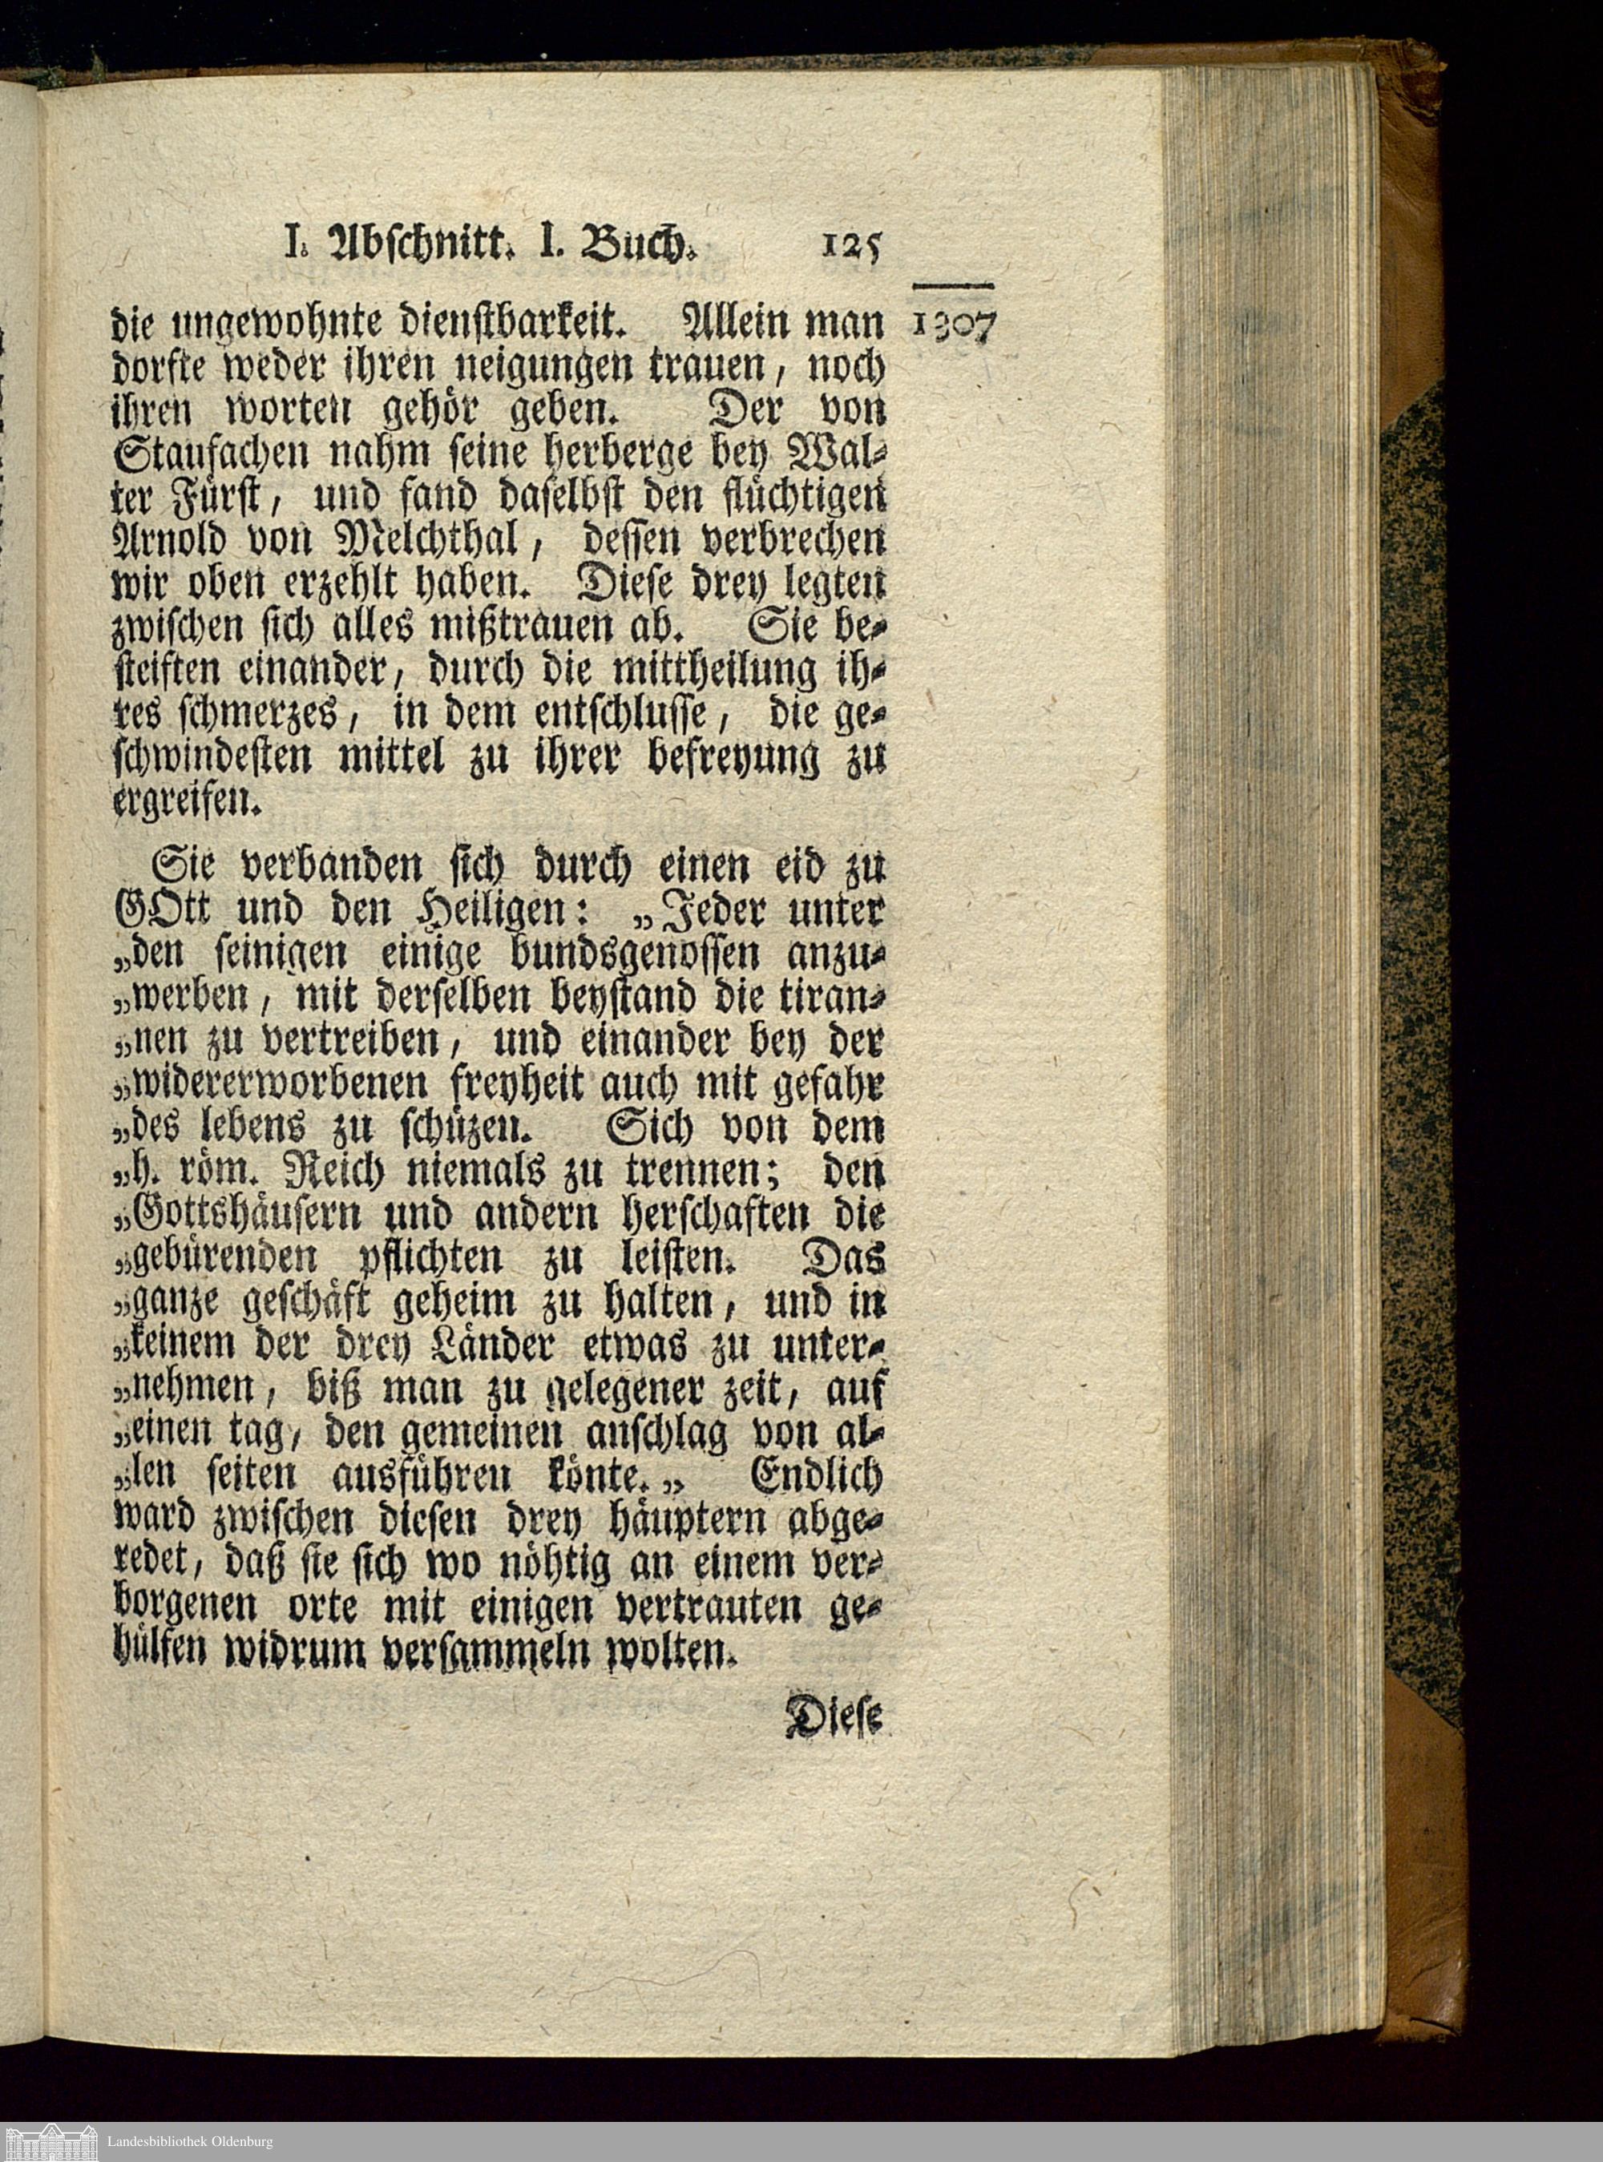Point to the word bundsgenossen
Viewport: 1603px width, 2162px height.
[632, 954]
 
